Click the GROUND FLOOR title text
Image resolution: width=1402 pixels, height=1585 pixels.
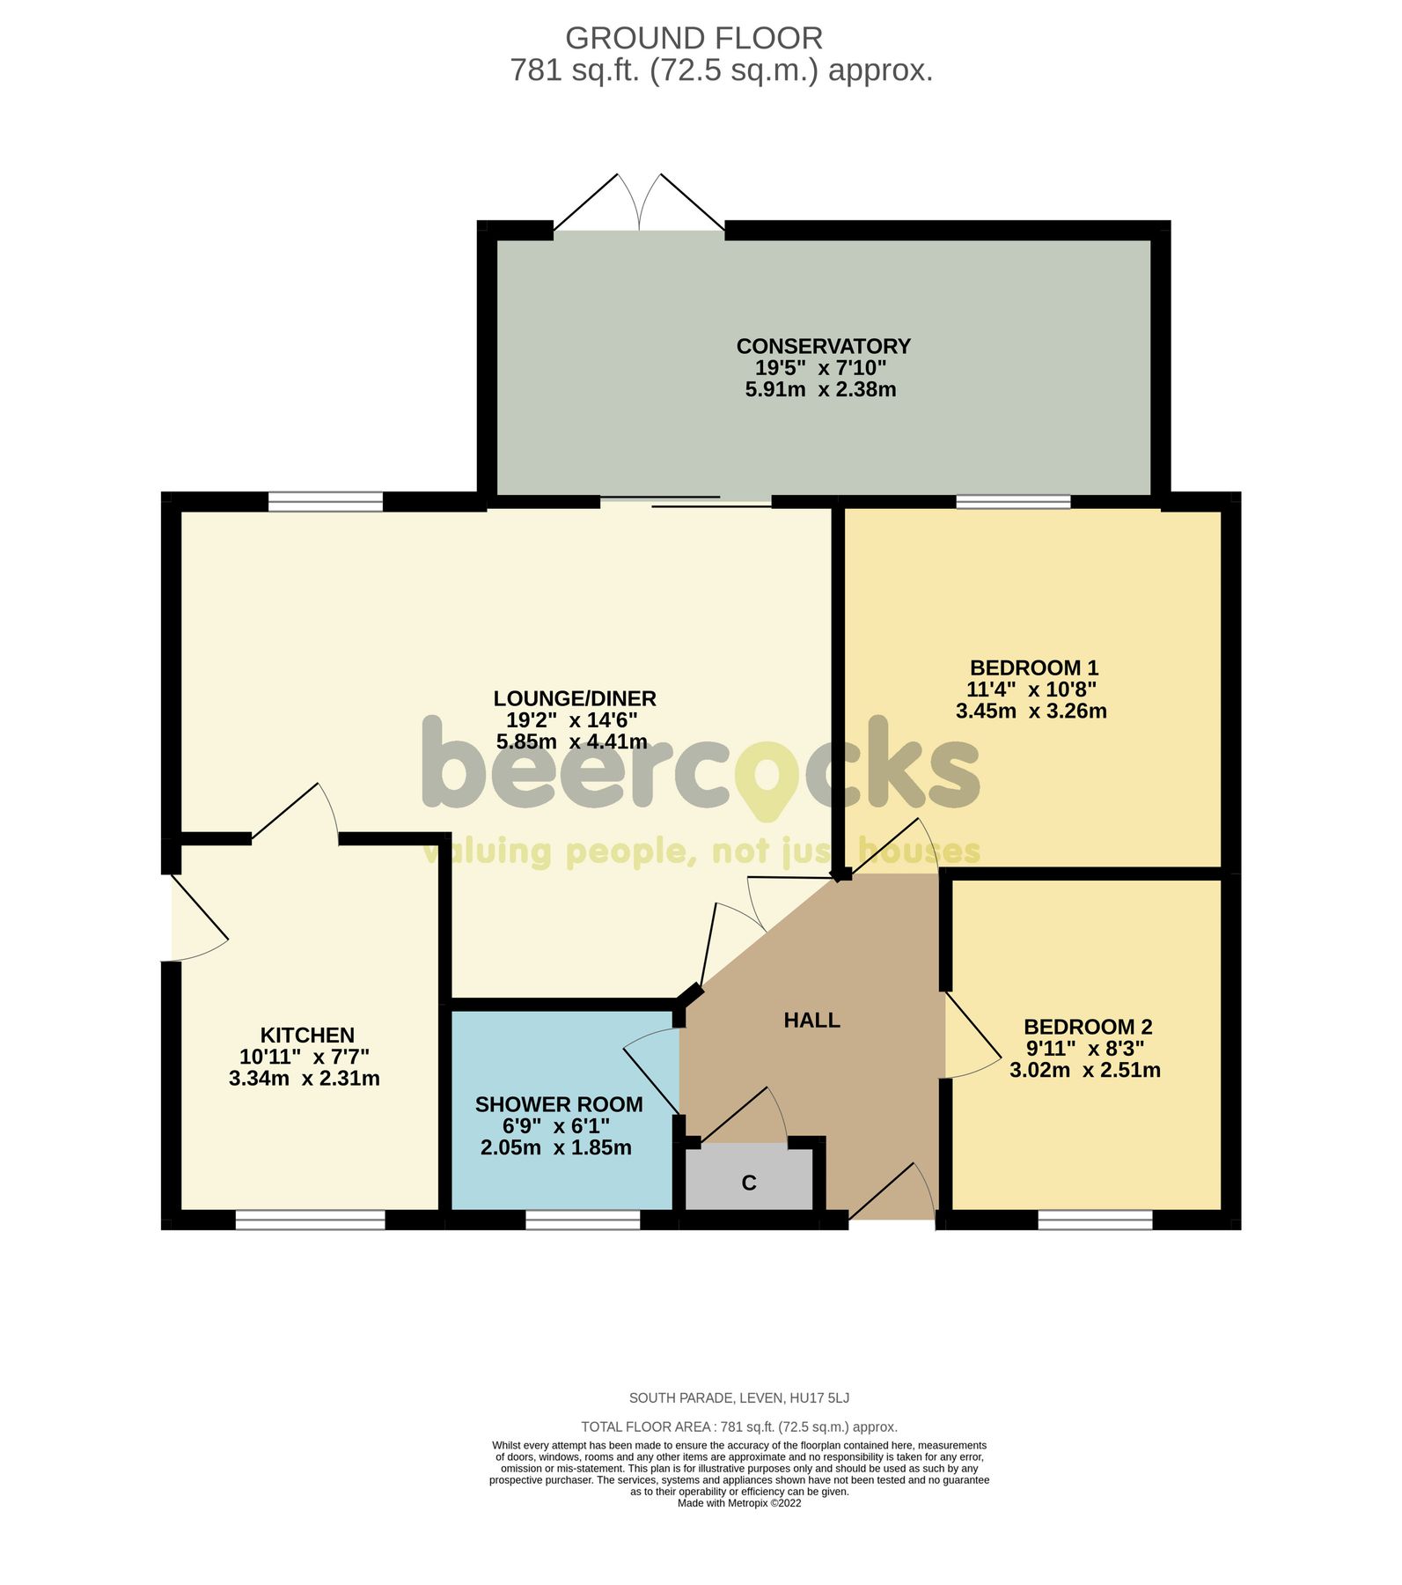point(694,39)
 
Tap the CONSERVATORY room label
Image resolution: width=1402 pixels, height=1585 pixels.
point(823,346)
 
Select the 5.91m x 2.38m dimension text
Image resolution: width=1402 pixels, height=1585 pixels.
point(820,389)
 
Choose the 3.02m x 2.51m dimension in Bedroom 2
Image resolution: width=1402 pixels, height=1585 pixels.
point(1084,1070)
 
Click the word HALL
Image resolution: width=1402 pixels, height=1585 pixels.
point(811,1020)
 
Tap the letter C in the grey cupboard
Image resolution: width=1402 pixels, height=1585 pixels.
point(749,1183)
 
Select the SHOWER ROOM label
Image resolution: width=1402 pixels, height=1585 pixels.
point(559,1104)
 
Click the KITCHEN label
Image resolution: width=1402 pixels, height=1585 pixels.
point(307,1035)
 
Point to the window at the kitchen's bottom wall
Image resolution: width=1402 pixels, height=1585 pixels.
point(310,1220)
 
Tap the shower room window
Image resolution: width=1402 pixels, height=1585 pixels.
point(583,1220)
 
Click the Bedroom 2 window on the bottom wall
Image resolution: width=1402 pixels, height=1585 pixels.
point(1095,1220)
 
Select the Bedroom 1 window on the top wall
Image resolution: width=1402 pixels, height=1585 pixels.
point(1013,502)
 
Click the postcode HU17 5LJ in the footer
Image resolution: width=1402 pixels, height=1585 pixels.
point(819,1397)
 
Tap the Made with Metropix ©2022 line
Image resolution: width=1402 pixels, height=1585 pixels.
point(739,1503)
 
